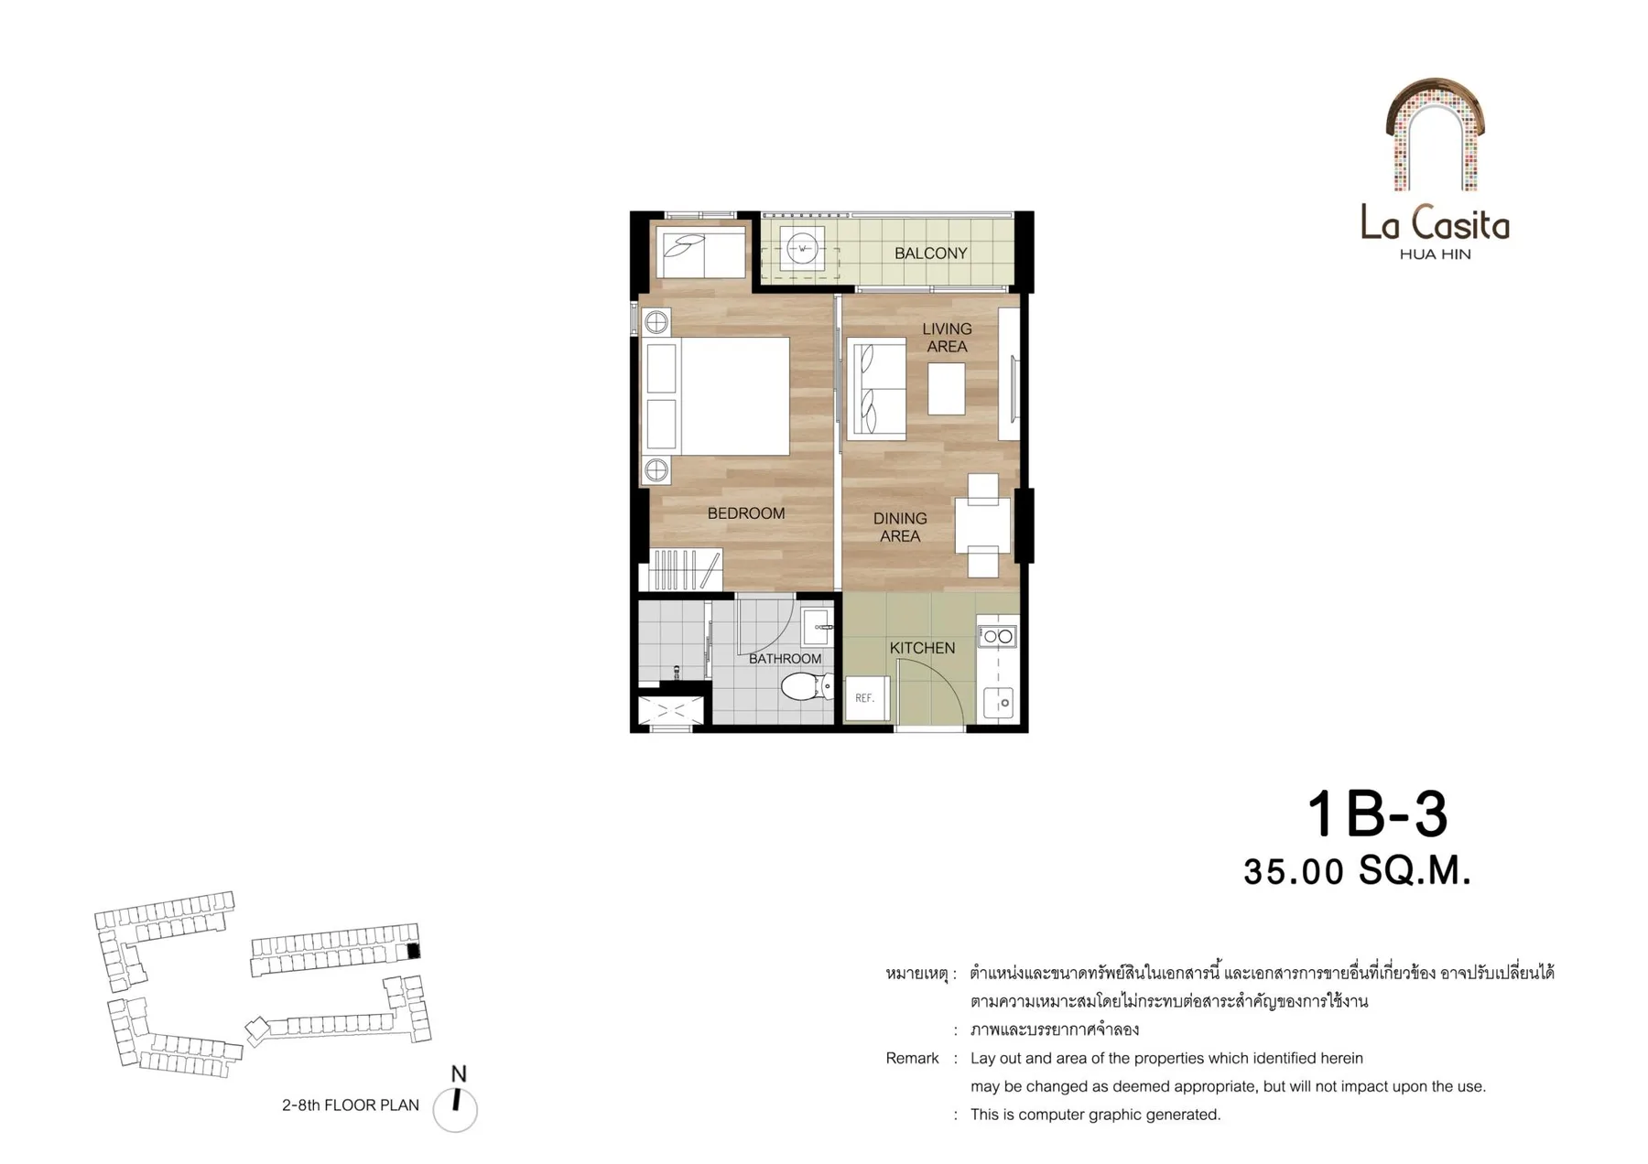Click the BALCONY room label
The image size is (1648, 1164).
tap(930, 253)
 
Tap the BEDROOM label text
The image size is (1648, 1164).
tap(746, 513)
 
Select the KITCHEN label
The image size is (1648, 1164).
tap(922, 648)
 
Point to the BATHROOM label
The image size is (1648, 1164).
tap(785, 659)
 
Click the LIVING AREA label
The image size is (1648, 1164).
tap(947, 338)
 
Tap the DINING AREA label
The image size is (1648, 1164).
tap(900, 527)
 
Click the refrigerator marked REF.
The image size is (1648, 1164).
tap(866, 698)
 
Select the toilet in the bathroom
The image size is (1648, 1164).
tap(807, 685)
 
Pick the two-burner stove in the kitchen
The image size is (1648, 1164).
tap(997, 636)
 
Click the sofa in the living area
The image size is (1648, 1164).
tap(878, 388)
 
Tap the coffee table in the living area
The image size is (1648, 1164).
tap(946, 389)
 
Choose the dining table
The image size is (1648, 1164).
tap(982, 526)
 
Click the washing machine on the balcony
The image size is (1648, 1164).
tap(802, 248)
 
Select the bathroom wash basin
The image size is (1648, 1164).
tap(818, 628)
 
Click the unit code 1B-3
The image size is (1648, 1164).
tap(1377, 814)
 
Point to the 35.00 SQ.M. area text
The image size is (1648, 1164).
tap(1357, 871)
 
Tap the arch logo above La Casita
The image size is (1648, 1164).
tap(1435, 135)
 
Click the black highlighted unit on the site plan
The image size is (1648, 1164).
tap(413, 951)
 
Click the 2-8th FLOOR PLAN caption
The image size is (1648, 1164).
tap(351, 1105)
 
